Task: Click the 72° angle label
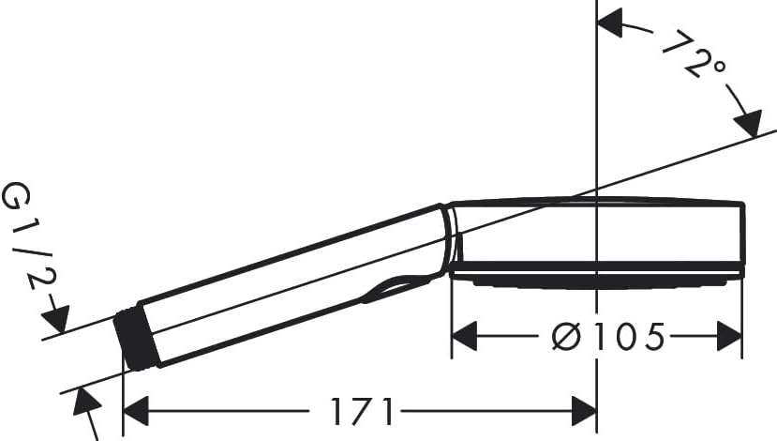coord(695,54)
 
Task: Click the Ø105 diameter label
coord(607,336)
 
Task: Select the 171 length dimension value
coord(361,411)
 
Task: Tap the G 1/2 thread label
coord(28,236)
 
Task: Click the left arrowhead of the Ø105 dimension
coord(465,336)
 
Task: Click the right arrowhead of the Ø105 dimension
coord(729,336)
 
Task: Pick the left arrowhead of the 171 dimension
coord(136,411)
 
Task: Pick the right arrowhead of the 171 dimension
coord(584,411)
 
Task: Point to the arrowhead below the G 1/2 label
coord(55,319)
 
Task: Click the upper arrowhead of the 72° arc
coord(610,23)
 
